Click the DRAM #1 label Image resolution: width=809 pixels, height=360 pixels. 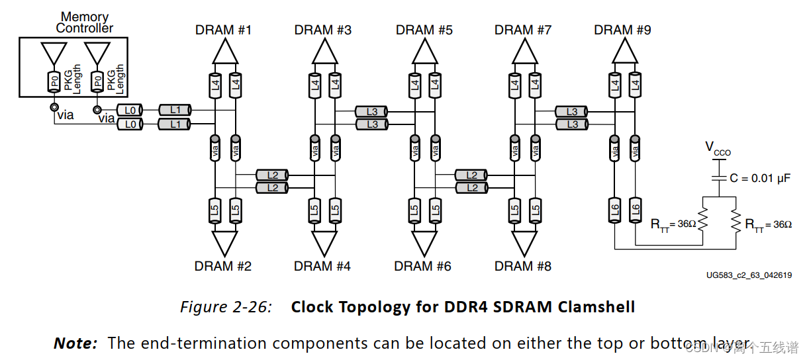pyautogui.click(x=223, y=30)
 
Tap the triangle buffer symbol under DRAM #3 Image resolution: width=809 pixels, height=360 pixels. pyautogui.click(x=324, y=50)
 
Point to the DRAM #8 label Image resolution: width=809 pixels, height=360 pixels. pyautogui.click(x=522, y=266)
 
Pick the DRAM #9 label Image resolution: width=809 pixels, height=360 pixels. pyautogui.click(x=622, y=30)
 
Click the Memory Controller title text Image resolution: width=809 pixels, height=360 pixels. pyautogui.click(x=84, y=22)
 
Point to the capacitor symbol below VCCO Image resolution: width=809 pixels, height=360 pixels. pyautogui.click(x=718, y=177)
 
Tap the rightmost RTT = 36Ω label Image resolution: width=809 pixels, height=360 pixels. pyautogui.click(x=768, y=224)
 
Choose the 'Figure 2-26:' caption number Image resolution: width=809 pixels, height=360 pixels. pyautogui.click(x=225, y=307)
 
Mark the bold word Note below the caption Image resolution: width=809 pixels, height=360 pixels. pyautogui.click(x=75, y=343)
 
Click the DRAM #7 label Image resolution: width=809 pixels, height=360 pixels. pyautogui.click(x=522, y=30)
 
